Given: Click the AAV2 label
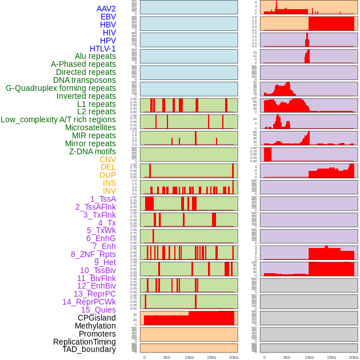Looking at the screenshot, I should (106, 9).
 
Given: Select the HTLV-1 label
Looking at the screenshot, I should (102, 49).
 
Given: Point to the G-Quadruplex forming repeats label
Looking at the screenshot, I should (61, 88).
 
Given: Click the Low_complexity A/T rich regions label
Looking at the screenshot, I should (58, 119).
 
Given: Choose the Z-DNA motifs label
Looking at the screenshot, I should (92, 151).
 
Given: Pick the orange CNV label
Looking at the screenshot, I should (107, 159).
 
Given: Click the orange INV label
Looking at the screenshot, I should (109, 191).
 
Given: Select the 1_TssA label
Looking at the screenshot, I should (103, 199).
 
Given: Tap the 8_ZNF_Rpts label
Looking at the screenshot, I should (93, 254).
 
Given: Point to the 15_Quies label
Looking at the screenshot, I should (98, 310).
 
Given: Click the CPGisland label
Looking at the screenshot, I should (97, 318).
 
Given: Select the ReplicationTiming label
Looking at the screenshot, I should (84, 342).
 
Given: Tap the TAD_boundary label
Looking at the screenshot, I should (89, 349).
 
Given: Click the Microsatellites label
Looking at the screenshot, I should (90, 127).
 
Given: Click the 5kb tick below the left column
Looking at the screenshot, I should (167, 357).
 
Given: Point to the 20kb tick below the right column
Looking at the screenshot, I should (354, 357).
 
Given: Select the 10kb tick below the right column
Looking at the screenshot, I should (309, 357).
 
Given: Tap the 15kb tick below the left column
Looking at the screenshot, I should (211, 357).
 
